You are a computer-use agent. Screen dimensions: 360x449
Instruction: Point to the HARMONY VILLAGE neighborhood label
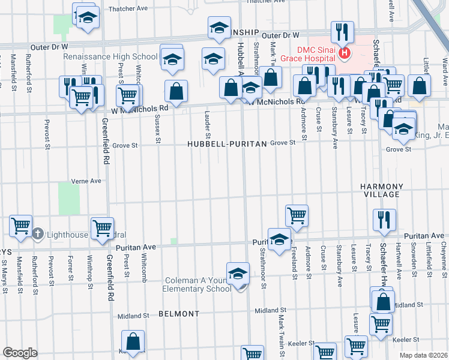380,190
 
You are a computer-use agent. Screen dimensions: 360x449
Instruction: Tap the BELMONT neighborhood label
179,314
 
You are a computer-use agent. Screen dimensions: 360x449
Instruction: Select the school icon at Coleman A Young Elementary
238,273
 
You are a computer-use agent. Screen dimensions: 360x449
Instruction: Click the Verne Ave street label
86,181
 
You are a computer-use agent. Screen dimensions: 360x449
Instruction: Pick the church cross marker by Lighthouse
37,233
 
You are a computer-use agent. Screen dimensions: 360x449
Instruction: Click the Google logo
20,353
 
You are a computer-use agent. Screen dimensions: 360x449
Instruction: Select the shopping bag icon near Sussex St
176,91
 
